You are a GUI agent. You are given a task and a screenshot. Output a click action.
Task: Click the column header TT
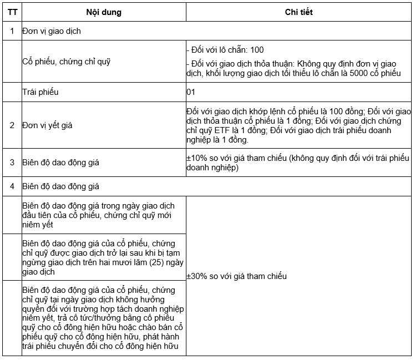[12, 12]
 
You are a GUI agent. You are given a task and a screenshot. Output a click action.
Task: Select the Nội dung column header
[104, 12]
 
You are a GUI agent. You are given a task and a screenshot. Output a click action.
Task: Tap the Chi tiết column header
[298, 12]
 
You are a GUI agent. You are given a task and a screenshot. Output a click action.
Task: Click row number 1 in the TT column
[12, 31]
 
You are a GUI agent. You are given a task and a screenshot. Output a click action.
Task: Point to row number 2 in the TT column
[12, 125]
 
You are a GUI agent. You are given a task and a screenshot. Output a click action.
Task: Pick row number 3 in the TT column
[12, 163]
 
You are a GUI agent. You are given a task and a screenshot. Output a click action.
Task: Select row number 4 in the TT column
[12, 186]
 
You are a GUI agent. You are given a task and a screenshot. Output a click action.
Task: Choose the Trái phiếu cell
[41, 92]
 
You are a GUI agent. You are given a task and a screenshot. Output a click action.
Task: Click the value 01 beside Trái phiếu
[191, 92]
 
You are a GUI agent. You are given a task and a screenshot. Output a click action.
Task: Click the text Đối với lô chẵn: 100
[226, 50]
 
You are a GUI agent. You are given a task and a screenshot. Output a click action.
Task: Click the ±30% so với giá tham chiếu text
[237, 276]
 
